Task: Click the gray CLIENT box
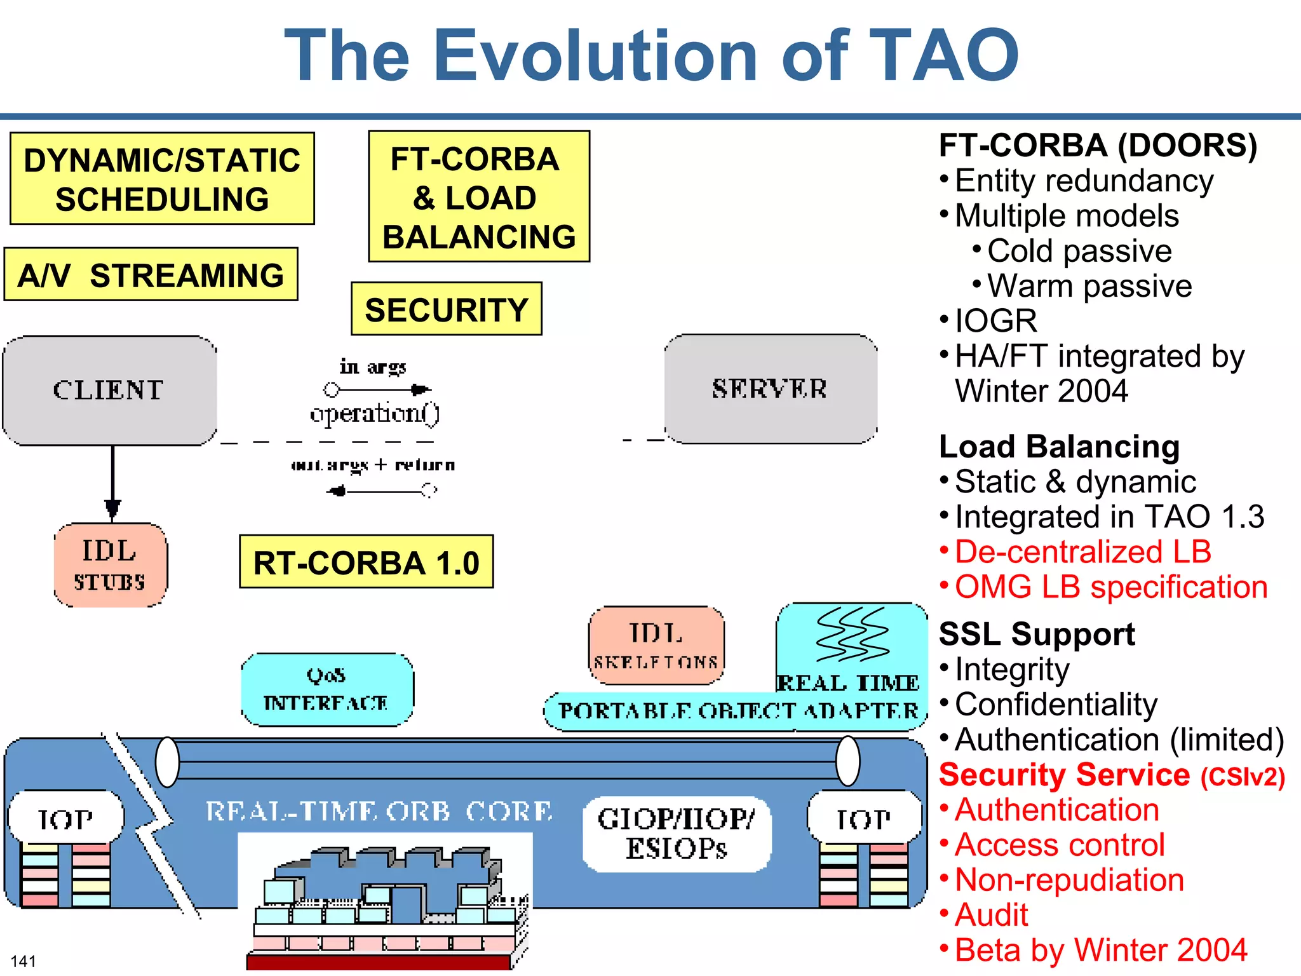[x=109, y=390]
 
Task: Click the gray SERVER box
[x=771, y=389]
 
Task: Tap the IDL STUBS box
[x=111, y=565]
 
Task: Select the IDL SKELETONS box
[x=656, y=645]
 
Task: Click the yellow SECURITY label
[x=446, y=309]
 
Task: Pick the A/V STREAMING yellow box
[x=151, y=275]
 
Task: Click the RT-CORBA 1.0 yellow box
[x=366, y=562]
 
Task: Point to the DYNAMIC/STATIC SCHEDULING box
[x=162, y=179]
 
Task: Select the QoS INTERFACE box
[x=327, y=689]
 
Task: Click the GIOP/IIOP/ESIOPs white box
[x=677, y=834]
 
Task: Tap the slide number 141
[x=24, y=961]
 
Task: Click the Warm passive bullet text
[x=1089, y=286]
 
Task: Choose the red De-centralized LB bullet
[x=1082, y=552]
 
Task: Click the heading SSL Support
[x=1037, y=634]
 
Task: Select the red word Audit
[x=991, y=915]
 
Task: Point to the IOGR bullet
[x=995, y=321]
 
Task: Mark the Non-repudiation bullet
[x=1069, y=880]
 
